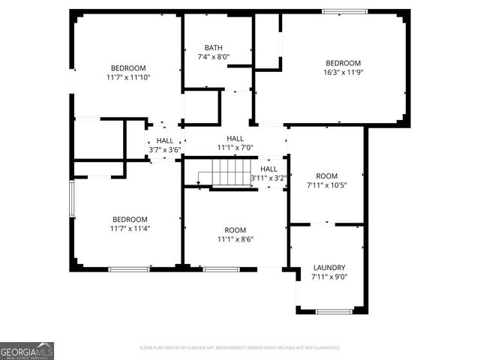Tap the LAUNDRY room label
[x=329, y=268]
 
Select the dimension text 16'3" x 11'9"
[x=343, y=73]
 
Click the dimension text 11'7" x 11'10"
[x=129, y=77]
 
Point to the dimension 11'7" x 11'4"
[x=129, y=229]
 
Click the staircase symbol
[x=223, y=178]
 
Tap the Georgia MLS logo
[x=27, y=351]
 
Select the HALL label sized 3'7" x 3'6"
[x=165, y=140]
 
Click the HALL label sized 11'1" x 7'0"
[x=235, y=139]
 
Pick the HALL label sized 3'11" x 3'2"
[x=268, y=169]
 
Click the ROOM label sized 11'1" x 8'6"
[x=235, y=230]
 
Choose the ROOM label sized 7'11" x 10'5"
[x=326, y=175]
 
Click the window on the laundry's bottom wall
[x=334, y=311]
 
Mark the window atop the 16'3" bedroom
[x=344, y=11]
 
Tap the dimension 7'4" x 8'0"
[x=213, y=57]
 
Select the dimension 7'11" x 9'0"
[x=329, y=277]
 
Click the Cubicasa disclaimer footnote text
[x=240, y=348]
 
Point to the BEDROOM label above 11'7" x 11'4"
[x=129, y=219]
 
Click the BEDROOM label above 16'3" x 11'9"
[x=343, y=63]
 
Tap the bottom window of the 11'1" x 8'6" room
[x=220, y=269]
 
